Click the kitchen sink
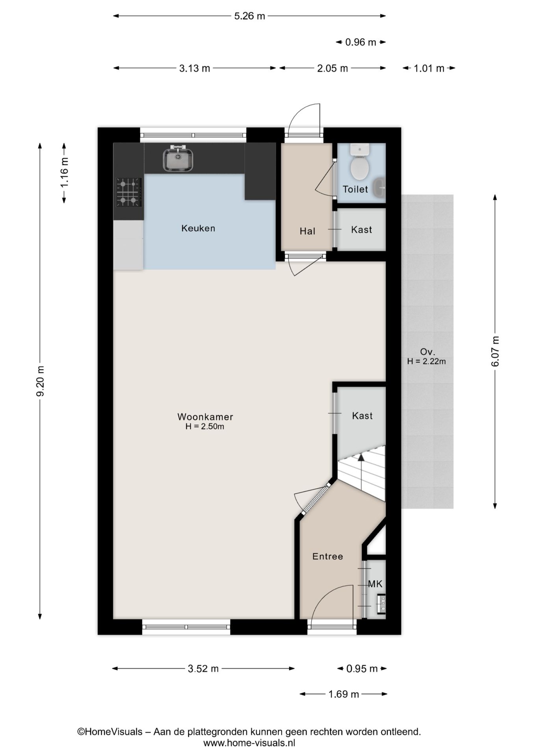coord(178,158)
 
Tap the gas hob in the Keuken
coord(128,192)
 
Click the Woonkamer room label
coord(205,417)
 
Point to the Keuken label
coord(198,228)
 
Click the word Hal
coord(307,231)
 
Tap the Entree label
coord(328,556)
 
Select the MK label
coord(375,584)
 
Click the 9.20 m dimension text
coord(40,382)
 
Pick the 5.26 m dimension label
coord(250,16)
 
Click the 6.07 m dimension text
coord(495,351)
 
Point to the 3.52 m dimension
coord(203,669)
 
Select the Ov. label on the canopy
coord(427,352)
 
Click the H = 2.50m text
coord(205,426)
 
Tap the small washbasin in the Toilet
coord(379,188)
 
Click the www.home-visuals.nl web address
coord(249,743)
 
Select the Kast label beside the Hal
coord(362,230)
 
